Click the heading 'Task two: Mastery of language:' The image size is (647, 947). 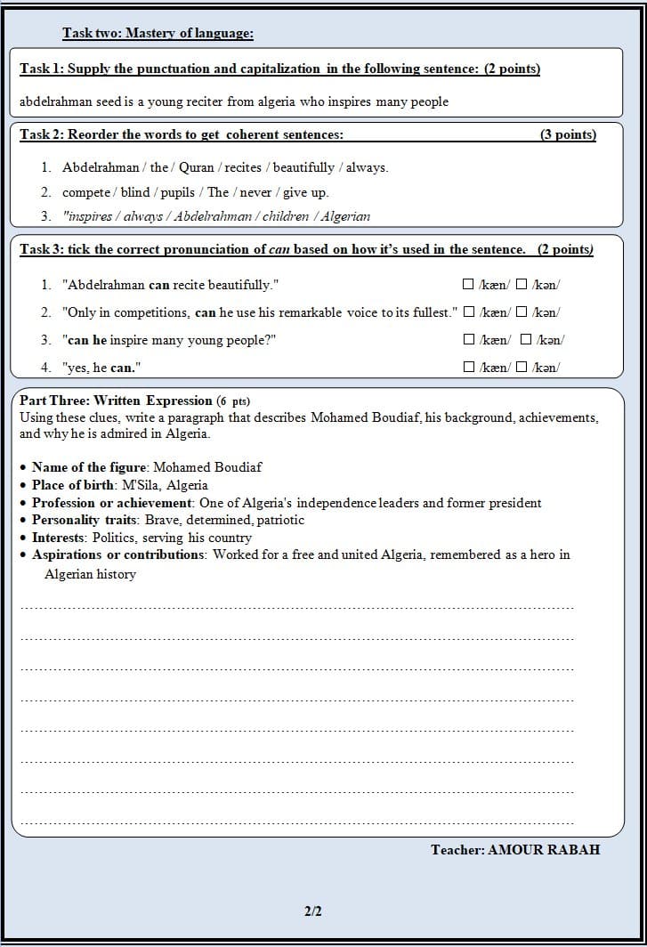point(158,34)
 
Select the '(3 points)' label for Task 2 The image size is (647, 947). point(568,134)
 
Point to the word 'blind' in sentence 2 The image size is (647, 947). point(135,192)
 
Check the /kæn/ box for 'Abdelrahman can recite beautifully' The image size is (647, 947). point(468,285)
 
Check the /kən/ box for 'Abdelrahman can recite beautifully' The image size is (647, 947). point(522,285)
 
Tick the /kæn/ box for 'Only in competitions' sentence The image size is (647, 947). point(468,312)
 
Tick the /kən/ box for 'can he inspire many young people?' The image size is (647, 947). point(526,339)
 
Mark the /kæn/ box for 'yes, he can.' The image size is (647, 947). point(468,367)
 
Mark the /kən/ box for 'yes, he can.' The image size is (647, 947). point(522,367)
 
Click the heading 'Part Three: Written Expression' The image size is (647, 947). point(116,401)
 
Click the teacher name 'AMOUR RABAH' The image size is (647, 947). point(544,850)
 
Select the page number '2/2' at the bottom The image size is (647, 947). point(313,911)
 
